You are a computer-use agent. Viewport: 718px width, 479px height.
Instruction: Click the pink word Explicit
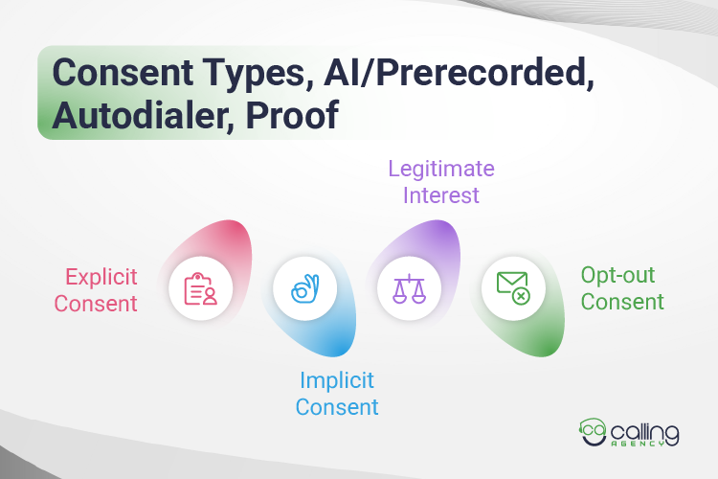101,278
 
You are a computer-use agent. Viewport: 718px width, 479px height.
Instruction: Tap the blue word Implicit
337,380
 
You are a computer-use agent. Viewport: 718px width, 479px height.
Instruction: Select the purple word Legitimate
440,171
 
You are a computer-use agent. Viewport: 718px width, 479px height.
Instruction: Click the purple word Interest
440,195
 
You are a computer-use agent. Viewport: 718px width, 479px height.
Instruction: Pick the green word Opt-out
618,276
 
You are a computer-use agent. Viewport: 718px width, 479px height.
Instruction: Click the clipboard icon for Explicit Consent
200,288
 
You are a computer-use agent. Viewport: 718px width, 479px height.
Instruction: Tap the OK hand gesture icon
304,288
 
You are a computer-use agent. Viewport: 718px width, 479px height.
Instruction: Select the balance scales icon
409,287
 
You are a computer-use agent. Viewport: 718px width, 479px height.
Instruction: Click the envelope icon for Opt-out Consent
513,287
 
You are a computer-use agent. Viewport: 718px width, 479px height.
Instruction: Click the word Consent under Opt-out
622,302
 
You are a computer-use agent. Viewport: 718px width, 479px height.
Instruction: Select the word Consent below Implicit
337,406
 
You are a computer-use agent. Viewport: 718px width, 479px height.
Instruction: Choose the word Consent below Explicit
96,304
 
